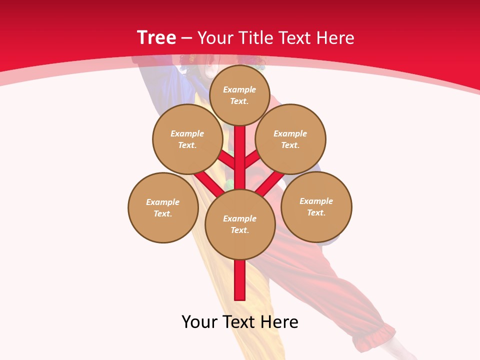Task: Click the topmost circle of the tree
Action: (239, 95)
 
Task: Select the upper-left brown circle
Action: (187, 139)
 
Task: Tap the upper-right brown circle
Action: (290, 139)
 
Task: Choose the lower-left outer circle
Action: (163, 207)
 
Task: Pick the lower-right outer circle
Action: (316, 206)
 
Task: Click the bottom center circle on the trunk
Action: (240, 224)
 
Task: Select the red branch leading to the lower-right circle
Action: (269, 182)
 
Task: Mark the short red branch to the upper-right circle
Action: (252, 159)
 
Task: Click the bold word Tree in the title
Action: (156, 38)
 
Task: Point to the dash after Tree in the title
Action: (187, 38)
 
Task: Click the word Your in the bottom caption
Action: (199, 322)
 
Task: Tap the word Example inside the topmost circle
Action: (239, 89)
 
